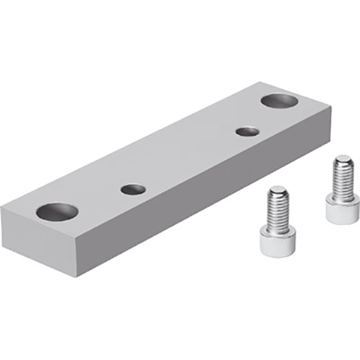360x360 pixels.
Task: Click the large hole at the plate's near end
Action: click(57, 211)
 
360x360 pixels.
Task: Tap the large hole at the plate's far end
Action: click(281, 100)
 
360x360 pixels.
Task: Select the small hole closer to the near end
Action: click(133, 189)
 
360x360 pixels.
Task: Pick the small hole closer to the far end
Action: click(247, 131)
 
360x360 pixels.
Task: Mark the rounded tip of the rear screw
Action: click(342, 160)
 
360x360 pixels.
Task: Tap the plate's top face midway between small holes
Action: click(190, 160)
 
